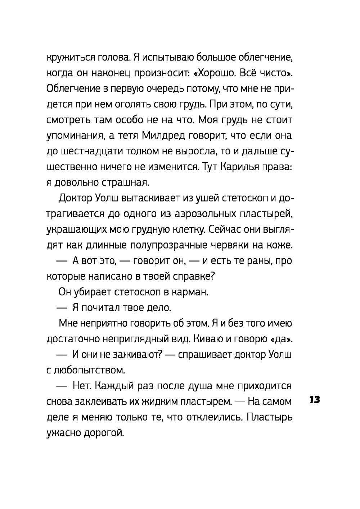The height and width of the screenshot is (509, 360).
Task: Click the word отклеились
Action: click(x=207, y=417)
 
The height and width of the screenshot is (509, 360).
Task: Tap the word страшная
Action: click(x=126, y=183)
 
